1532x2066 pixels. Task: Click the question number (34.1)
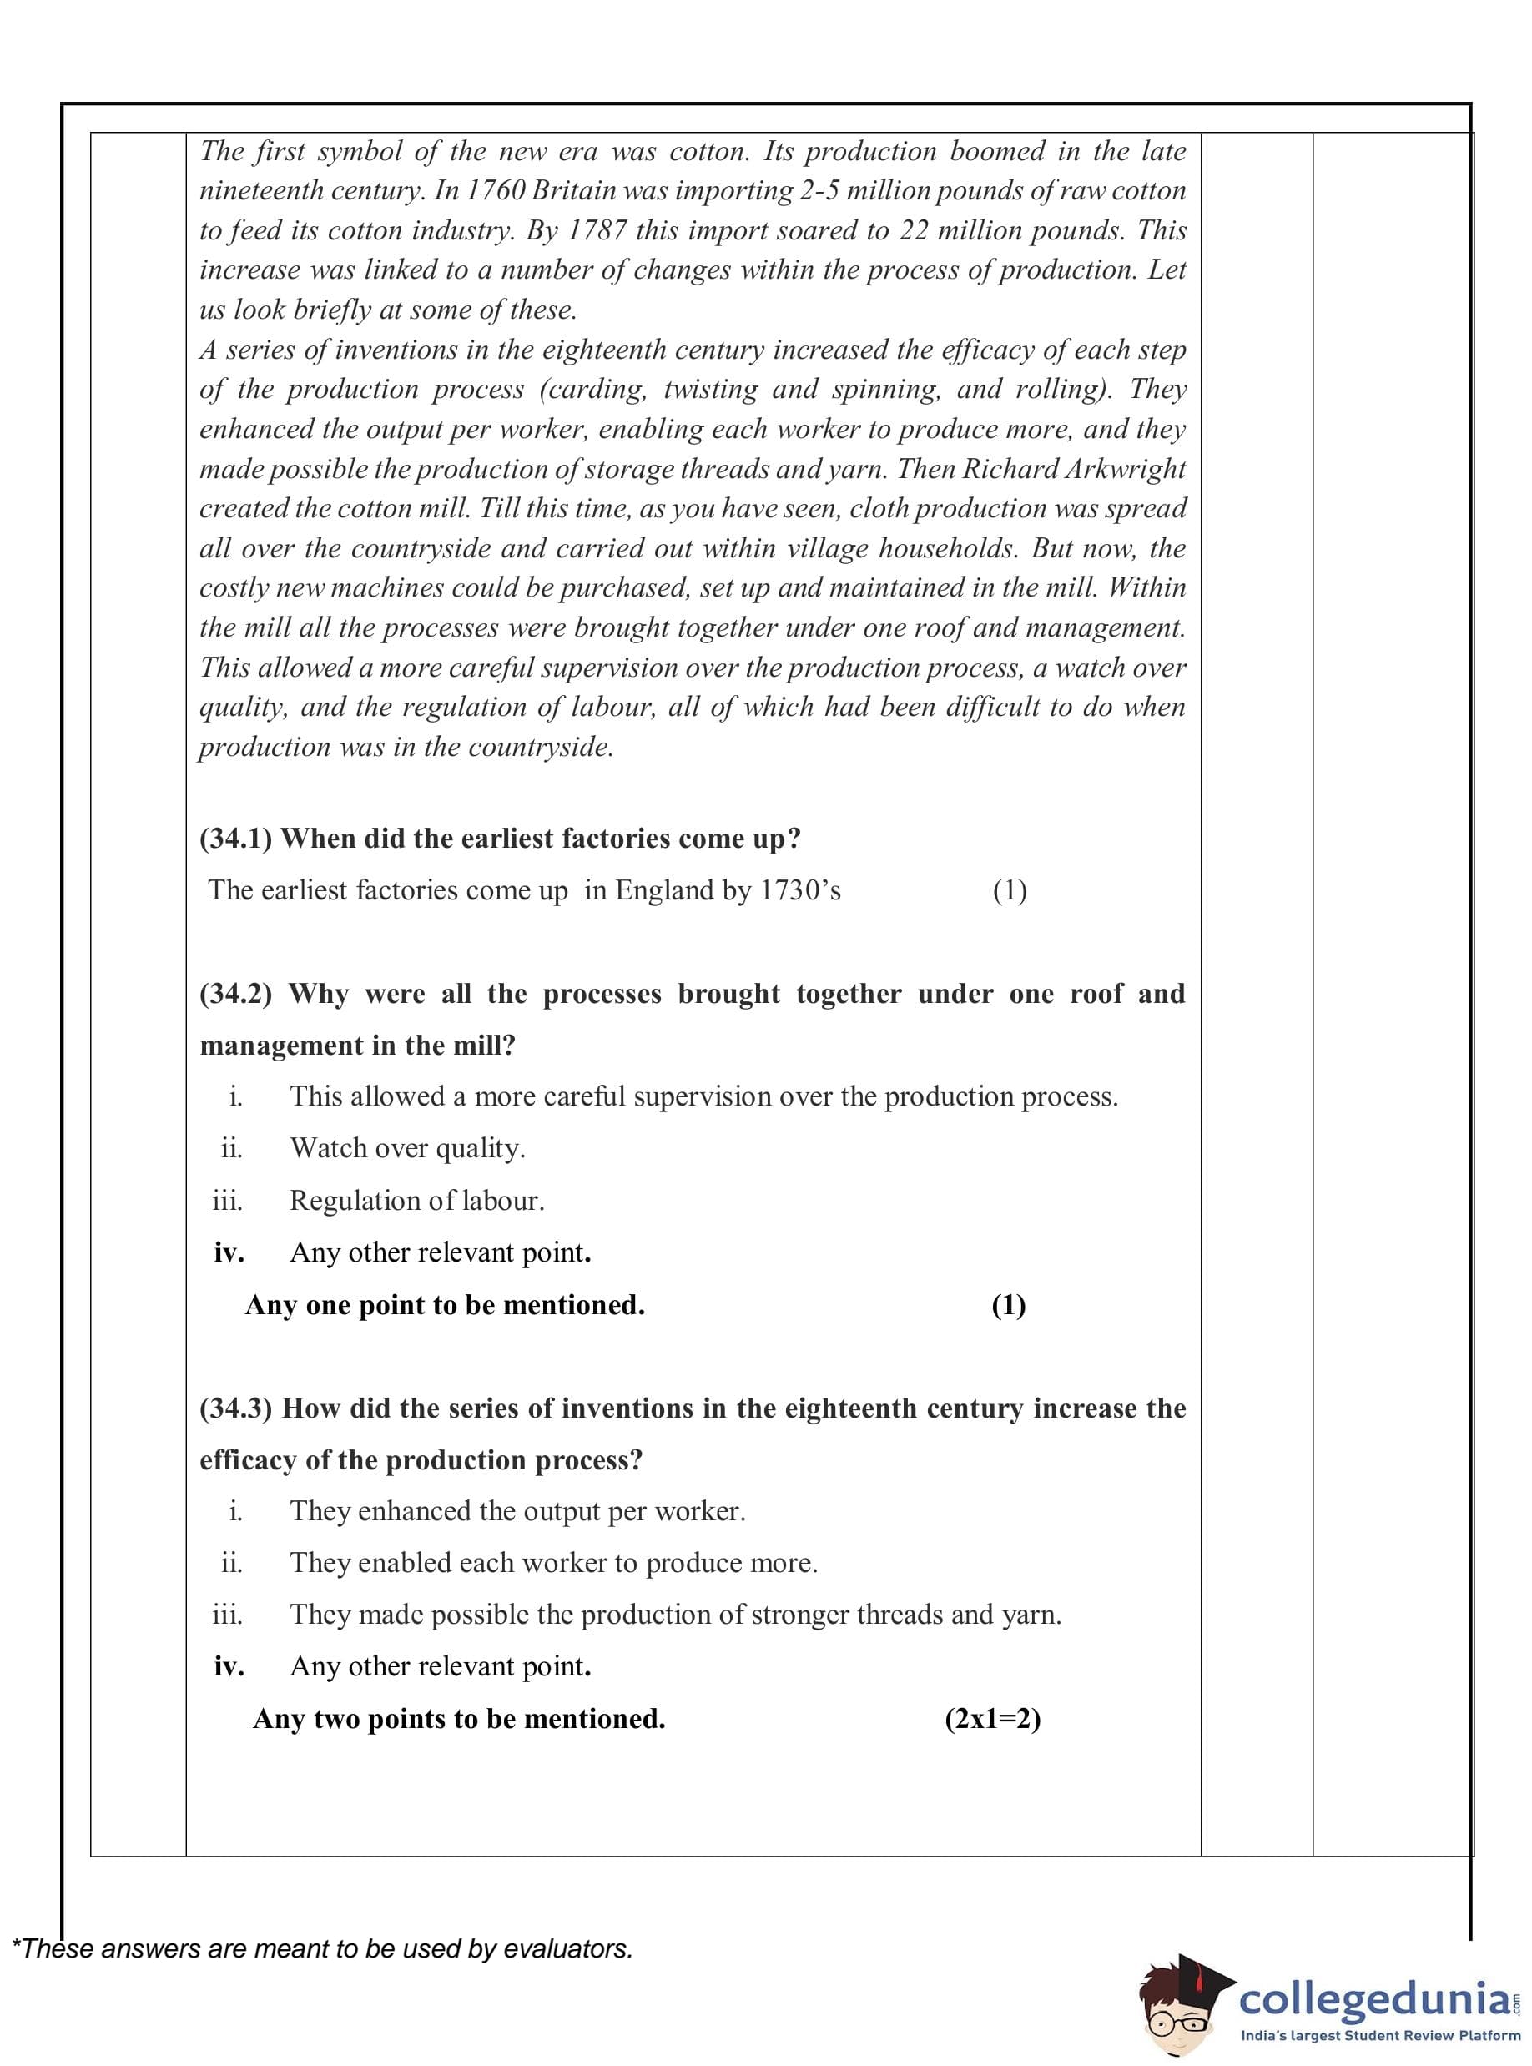(235, 839)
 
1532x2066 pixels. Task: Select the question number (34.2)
(235, 994)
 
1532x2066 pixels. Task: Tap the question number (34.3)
(235, 1408)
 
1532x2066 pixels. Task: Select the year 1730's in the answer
(800, 890)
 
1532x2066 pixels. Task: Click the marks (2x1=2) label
(992, 1719)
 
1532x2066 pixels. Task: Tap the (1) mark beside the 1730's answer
(1009, 890)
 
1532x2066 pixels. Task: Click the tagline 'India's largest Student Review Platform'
(1380, 2036)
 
